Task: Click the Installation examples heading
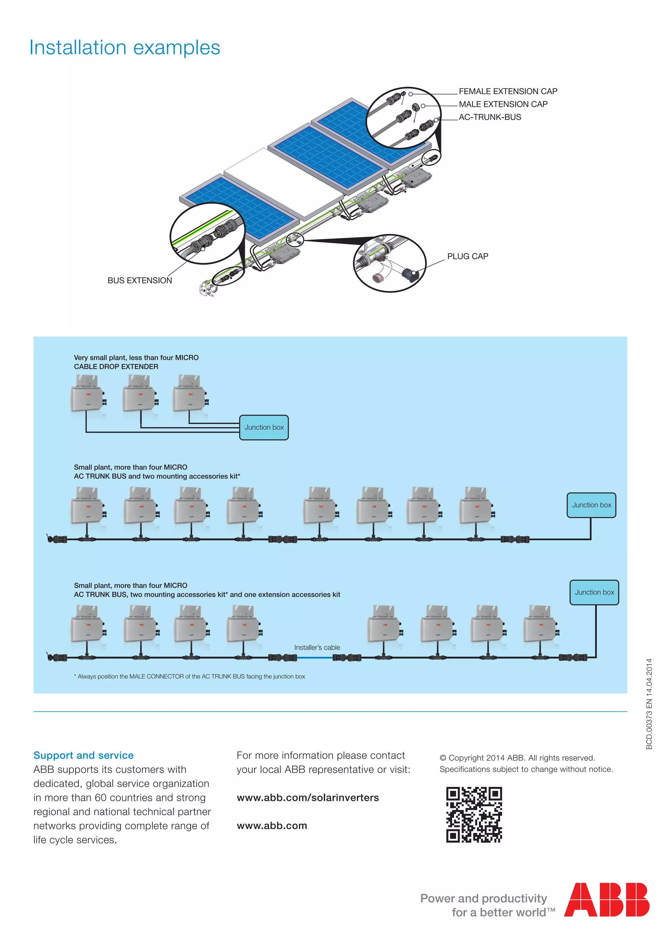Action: tap(125, 48)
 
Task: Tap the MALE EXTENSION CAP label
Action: tap(503, 104)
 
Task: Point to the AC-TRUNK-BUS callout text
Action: tap(490, 117)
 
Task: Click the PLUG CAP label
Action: tap(468, 257)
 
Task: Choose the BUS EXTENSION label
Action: tap(139, 280)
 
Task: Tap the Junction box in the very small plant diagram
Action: tap(264, 427)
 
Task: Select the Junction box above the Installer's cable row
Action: tap(594, 592)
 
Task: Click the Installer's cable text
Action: tap(317, 648)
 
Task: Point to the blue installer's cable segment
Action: tap(314, 657)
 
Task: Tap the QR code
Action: tap(474, 815)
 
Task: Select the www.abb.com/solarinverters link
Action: tap(307, 798)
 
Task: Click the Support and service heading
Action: tap(84, 755)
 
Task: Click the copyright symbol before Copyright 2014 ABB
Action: tap(443, 758)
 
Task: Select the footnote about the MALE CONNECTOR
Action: tap(190, 676)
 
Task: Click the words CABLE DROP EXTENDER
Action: tap(116, 367)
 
